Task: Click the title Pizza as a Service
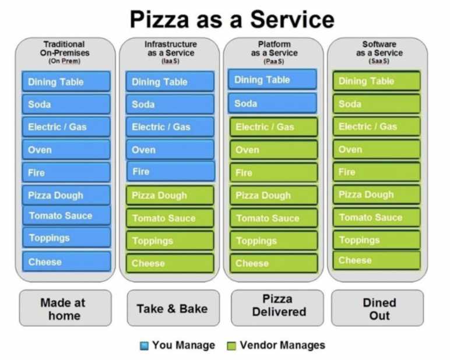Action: (x=231, y=19)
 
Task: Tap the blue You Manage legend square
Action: (x=144, y=345)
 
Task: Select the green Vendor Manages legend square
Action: (x=230, y=345)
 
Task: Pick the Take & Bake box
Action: (x=173, y=309)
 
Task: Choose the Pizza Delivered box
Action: (x=277, y=306)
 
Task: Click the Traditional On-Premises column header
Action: (x=65, y=52)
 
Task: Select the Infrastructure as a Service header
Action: (x=171, y=52)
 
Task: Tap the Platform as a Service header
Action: (x=273, y=52)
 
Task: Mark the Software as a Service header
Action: (x=378, y=52)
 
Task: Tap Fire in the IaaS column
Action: (x=170, y=172)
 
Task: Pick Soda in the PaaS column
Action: (x=272, y=104)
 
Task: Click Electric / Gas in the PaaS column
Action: (x=273, y=127)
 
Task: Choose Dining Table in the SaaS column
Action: (x=377, y=81)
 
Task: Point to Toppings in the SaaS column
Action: (x=377, y=240)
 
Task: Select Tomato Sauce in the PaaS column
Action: (x=273, y=218)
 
